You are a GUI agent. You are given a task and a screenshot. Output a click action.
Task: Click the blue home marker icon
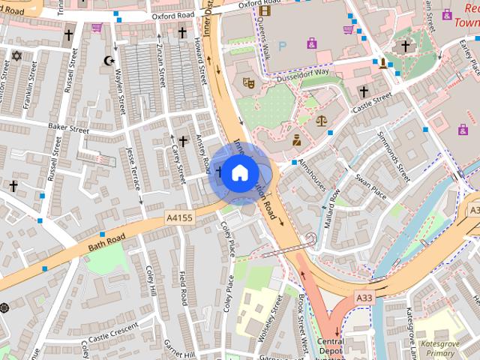click(x=238, y=173)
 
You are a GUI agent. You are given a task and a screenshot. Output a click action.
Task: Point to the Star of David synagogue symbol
click(x=16, y=56)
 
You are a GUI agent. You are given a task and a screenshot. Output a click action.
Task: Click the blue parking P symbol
click(x=283, y=45)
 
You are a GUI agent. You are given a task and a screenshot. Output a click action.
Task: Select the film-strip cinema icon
click(x=264, y=10)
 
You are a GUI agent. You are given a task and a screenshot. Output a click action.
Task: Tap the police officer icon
click(x=296, y=139)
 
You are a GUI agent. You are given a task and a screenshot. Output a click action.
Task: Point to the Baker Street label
click(x=69, y=128)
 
